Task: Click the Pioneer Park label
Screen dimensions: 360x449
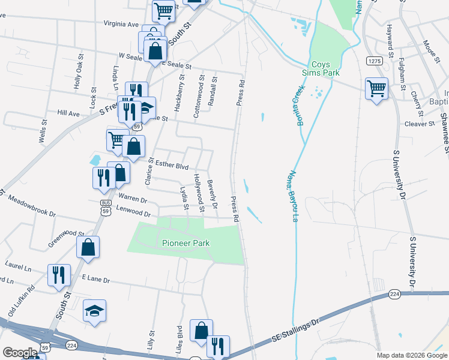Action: (185, 243)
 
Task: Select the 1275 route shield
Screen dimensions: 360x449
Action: (374, 61)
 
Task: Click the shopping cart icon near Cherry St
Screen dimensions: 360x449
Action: (376, 89)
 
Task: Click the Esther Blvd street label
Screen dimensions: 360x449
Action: (172, 165)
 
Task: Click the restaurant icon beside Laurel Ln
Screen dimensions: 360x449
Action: (59, 275)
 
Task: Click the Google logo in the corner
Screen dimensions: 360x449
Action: (20, 353)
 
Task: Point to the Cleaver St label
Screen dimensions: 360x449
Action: (420, 124)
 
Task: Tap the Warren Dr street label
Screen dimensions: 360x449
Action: (133, 197)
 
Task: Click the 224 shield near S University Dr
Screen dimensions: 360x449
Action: (394, 294)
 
